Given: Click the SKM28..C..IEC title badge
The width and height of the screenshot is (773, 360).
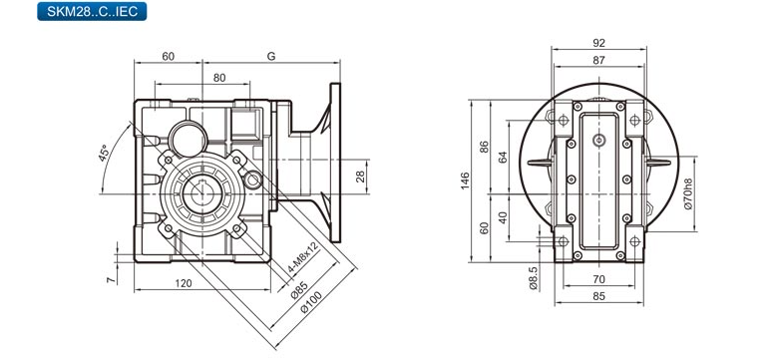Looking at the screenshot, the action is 92,11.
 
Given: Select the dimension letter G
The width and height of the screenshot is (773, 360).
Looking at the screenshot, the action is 270,56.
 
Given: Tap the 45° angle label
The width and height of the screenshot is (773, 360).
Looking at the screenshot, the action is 104,154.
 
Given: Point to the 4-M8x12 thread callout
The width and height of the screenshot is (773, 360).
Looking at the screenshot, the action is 303,258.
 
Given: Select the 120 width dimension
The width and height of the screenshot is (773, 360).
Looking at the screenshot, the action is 184,283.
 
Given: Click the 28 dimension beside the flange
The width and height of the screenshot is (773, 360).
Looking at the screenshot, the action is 360,177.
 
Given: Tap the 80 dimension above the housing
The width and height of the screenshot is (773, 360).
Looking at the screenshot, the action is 218,78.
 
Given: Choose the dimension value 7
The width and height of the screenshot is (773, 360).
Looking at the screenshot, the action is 112,279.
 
